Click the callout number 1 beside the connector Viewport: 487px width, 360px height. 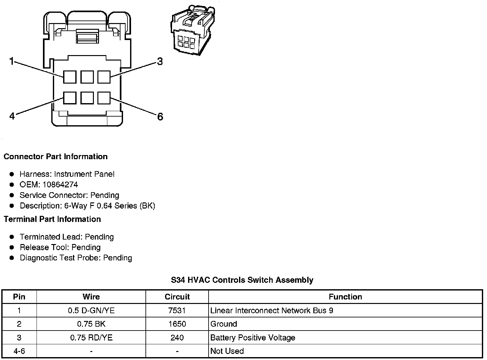(x=12, y=61)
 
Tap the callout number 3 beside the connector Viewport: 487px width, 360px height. (x=160, y=61)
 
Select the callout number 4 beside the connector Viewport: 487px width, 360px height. (x=12, y=116)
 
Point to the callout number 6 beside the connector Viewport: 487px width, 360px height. (x=160, y=117)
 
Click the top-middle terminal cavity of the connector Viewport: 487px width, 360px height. (x=87, y=77)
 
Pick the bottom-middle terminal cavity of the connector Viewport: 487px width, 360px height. (x=87, y=98)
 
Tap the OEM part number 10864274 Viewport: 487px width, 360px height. (x=60, y=184)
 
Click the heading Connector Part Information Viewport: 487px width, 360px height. (x=55, y=157)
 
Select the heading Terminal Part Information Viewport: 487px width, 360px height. (x=52, y=219)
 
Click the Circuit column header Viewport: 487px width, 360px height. (x=177, y=297)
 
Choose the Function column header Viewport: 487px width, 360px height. (x=345, y=297)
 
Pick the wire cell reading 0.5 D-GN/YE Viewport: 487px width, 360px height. (x=91, y=310)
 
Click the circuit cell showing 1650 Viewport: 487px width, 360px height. (x=177, y=324)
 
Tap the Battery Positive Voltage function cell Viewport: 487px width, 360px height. (x=252, y=338)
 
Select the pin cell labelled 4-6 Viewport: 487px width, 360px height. (x=19, y=351)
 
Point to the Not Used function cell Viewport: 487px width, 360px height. (x=227, y=351)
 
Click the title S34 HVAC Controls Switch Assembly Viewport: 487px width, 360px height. (x=242, y=280)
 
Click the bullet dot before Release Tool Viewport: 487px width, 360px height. (x=12, y=248)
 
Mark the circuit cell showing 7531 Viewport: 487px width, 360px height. (x=177, y=310)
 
